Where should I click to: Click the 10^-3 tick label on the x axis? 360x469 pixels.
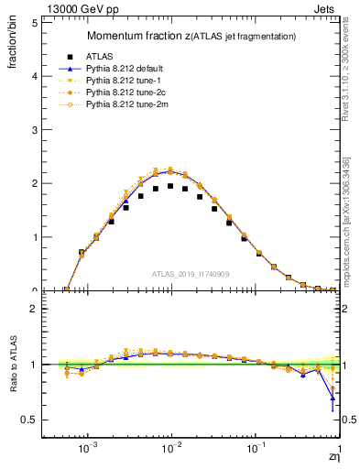coord(88,451)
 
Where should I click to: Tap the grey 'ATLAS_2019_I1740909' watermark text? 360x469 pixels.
coord(191,274)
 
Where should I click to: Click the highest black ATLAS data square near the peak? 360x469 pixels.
coord(170,186)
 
